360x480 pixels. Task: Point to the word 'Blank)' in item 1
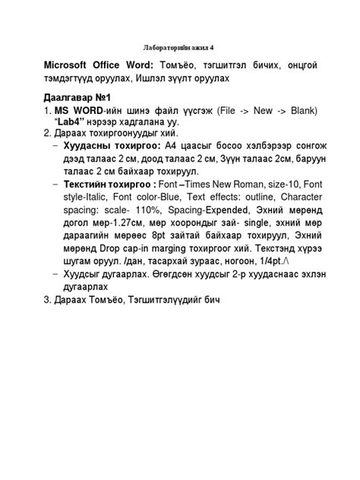pos(300,111)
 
